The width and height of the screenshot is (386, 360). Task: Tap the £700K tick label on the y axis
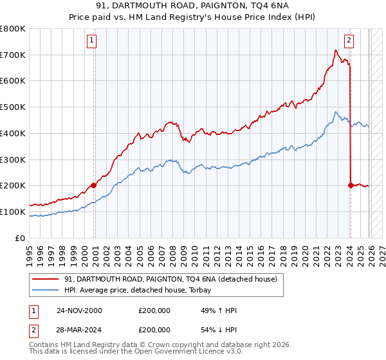click(13, 55)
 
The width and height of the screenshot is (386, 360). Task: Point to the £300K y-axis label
click(13, 159)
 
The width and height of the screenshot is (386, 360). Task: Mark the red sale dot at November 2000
click(94, 185)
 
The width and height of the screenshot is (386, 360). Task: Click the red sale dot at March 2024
click(351, 185)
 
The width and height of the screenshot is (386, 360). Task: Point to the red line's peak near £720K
click(336, 50)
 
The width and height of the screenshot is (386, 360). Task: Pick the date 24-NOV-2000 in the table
click(79, 310)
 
